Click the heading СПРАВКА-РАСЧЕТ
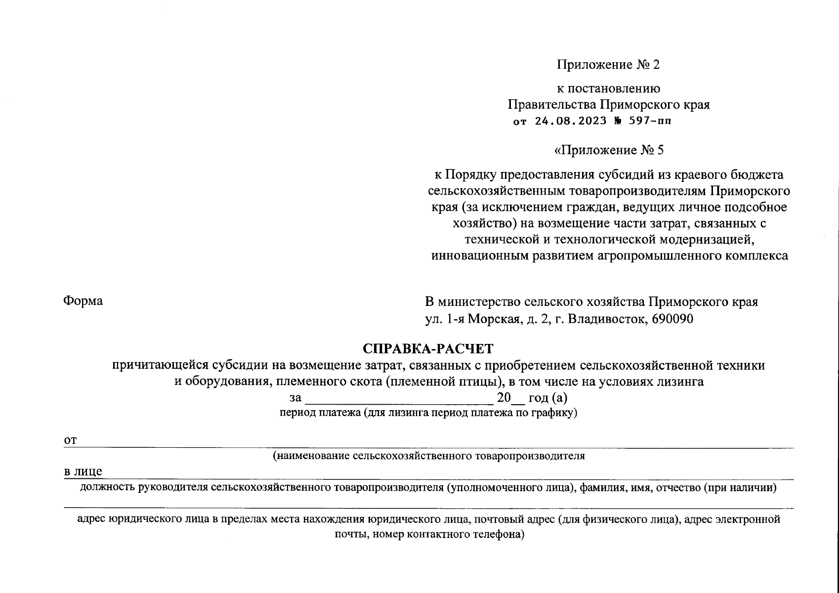[428, 349]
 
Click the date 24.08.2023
[570, 121]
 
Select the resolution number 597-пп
[650, 121]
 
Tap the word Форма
[83, 301]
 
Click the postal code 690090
[672, 319]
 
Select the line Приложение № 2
[608, 65]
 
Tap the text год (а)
[547, 398]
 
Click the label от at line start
[70, 440]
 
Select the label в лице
[83, 472]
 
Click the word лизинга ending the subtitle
[679, 381]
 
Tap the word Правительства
[552, 105]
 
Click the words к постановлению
[608, 88]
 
